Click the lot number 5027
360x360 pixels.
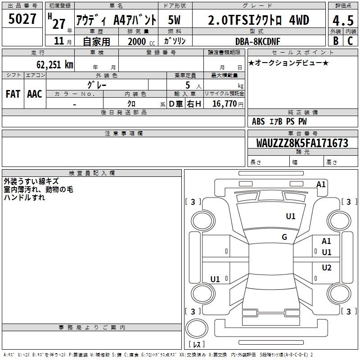click(22, 19)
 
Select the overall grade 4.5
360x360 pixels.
click(343, 20)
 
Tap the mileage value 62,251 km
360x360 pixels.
click(55, 64)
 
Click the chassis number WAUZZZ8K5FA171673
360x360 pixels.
click(302, 143)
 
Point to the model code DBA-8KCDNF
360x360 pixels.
click(258, 41)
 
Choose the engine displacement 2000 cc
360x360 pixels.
click(141, 41)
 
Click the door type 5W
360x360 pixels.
click(174, 20)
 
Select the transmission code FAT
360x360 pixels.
click(13, 94)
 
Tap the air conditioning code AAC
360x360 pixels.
click(35, 94)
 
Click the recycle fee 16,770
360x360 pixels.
click(224, 104)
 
